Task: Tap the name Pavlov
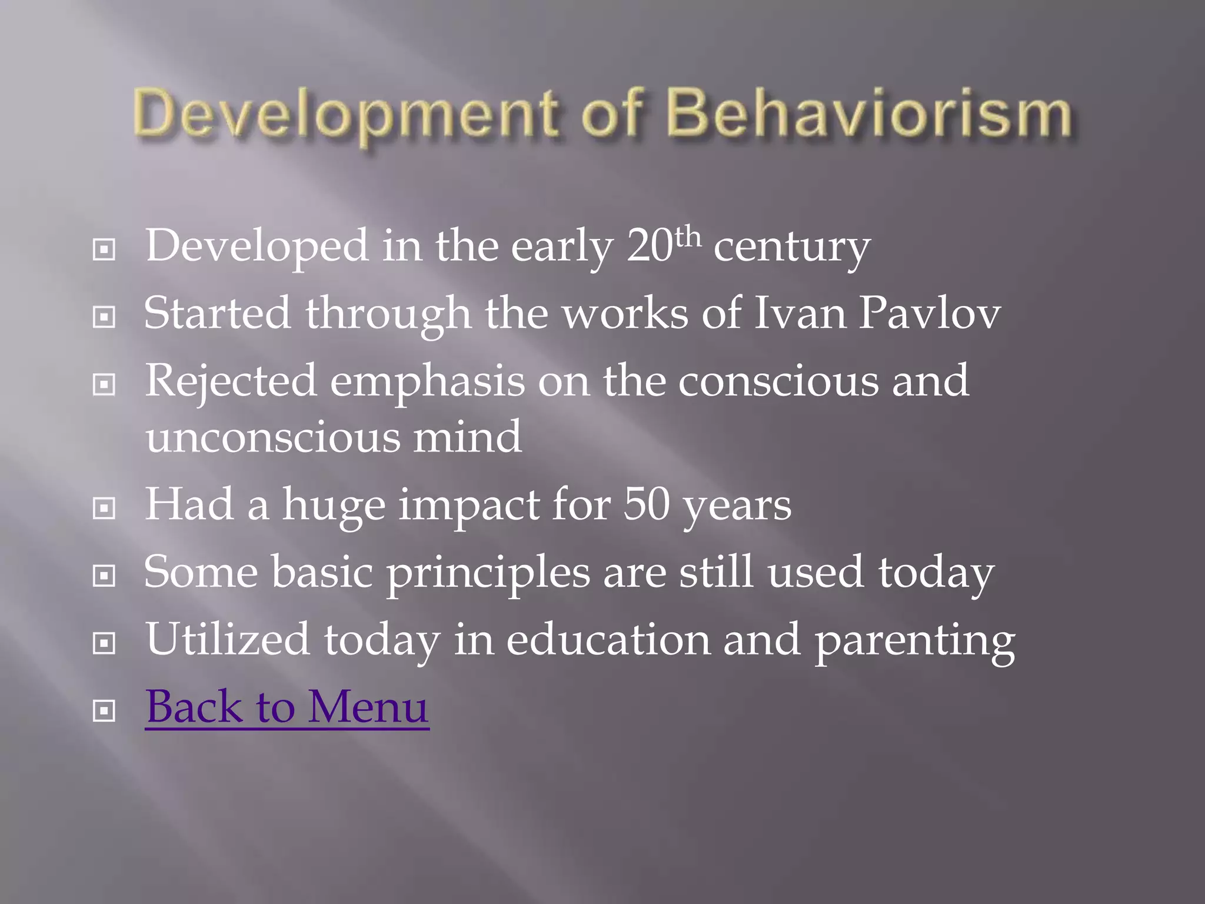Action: [929, 313]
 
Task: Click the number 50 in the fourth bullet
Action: [646, 504]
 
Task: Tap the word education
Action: [608, 640]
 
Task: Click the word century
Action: [791, 247]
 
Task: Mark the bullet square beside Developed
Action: [104, 250]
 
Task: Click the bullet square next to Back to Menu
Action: [104, 712]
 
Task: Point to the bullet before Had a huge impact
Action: [104, 508]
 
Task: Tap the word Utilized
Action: [227, 640]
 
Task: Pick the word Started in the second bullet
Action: [217, 313]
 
